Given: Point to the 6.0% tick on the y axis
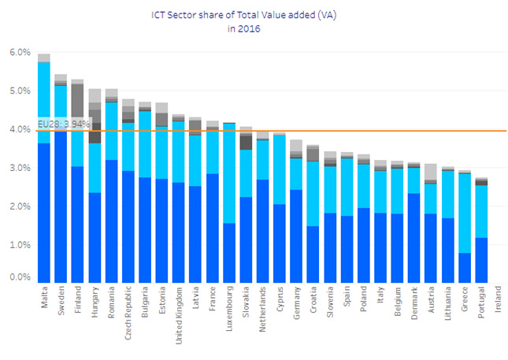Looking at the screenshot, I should (x=19, y=53).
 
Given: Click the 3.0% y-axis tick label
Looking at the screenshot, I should (x=19, y=168).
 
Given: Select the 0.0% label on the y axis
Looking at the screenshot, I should (x=19, y=277).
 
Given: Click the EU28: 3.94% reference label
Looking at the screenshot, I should (x=64, y=124).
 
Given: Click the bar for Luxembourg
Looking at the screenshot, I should (x=229, y=205).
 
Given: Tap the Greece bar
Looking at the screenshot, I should (x=465, y=228).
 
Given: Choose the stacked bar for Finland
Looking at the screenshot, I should (x=77, y=189).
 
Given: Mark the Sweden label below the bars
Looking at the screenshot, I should (x=61, y=300).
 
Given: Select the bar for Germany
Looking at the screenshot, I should (x=296, y=213).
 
